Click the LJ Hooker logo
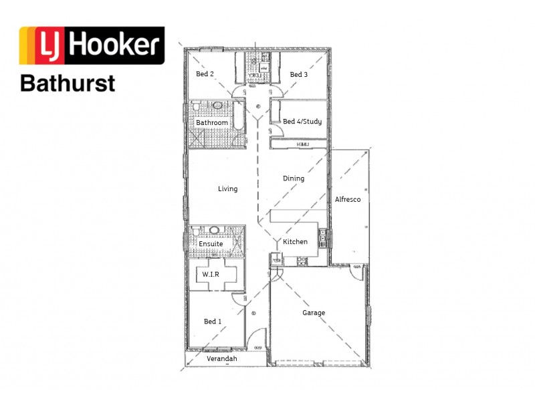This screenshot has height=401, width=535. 92,45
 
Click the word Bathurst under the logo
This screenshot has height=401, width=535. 68,84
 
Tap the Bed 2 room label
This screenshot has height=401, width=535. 205,75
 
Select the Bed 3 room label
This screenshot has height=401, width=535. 299,75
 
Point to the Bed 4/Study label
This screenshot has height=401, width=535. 302,122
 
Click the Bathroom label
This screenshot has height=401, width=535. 212,123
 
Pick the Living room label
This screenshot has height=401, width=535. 227,189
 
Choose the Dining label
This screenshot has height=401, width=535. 294,178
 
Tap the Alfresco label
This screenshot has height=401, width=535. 348,200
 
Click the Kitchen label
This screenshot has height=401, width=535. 295,242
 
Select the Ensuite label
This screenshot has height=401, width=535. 211,244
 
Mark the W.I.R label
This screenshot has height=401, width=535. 211,275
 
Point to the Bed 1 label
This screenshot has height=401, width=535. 213,322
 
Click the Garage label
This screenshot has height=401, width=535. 314,313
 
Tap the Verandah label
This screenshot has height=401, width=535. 221,359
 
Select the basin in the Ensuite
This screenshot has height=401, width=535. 215,231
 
